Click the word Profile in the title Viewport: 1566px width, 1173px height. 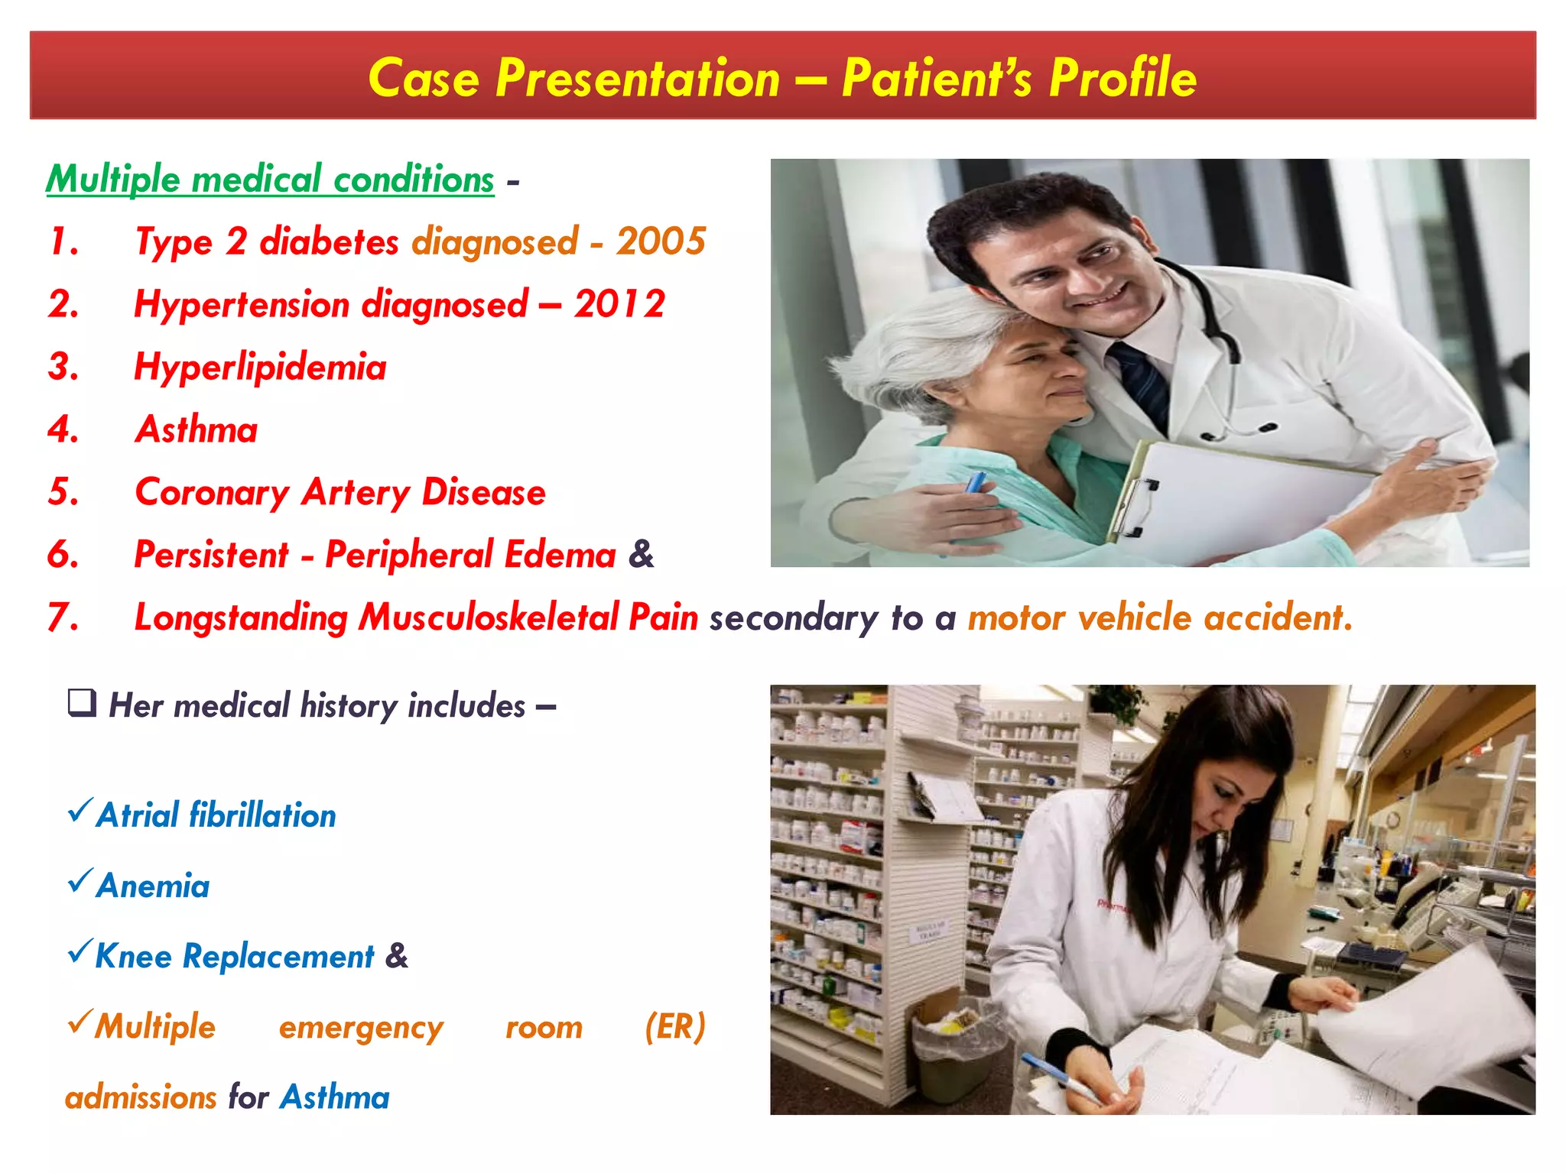(1122, 78)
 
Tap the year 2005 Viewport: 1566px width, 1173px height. (661, 241)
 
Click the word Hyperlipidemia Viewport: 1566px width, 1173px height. (260, 368)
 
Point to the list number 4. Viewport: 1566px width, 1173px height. (63, 429)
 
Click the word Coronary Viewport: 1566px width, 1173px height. (212, 493)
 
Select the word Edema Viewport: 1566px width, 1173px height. (560, 556)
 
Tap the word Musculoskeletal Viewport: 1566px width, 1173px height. (489, 617)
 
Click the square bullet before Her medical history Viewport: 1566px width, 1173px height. (82, 702)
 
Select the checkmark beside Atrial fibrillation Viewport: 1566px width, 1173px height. (80, 810)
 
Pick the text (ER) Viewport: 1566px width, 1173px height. (674, 1027)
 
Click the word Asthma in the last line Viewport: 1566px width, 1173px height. (335, 1097)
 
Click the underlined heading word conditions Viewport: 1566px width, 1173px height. (414, 180)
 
